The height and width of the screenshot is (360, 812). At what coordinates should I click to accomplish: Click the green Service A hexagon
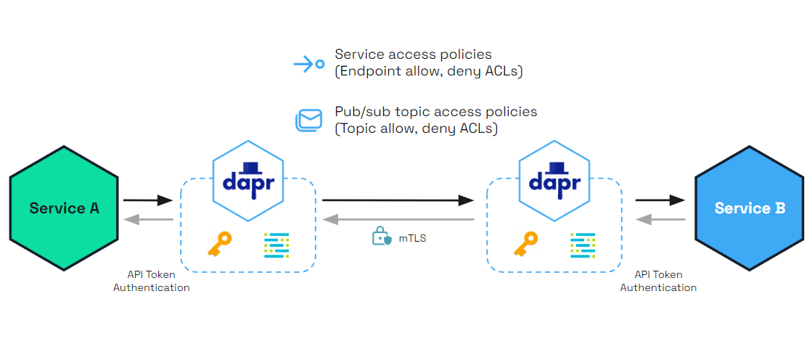point(64,208)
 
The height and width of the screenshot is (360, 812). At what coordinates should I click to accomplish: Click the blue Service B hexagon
point(750,208)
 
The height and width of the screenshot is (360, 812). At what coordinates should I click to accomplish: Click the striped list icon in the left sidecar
point(276,245)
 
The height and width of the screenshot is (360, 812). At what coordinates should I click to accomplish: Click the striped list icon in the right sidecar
point(583,245)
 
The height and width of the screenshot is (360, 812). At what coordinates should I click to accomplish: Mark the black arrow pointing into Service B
point(660,200)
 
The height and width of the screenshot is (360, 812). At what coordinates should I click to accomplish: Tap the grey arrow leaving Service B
point(660,218)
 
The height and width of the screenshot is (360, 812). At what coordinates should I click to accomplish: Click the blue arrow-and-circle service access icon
point(308,64)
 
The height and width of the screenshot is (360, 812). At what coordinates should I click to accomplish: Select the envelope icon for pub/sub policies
point(308,120)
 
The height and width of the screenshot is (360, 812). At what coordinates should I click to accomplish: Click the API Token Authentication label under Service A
point(151,282)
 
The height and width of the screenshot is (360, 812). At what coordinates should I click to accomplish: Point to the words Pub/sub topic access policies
point(435,112)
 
